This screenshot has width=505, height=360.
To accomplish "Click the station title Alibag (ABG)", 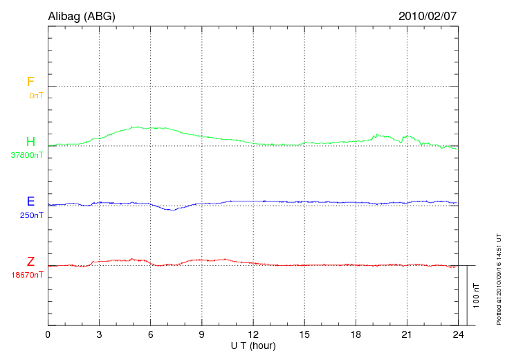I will (x=82, y=16).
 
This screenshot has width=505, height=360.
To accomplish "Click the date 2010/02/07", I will (x=428, y=16).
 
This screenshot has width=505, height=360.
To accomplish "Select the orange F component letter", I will (x=30, y=82).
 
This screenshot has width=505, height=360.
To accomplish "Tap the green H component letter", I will (x=30, y=142).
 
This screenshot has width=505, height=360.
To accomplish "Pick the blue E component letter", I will (x=30, y=201).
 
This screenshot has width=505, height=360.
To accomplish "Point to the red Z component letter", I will (x=30, y=262).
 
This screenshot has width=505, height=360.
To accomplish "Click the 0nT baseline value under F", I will (x=36, y=96).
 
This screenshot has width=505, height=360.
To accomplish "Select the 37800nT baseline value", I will (x=27, y=156).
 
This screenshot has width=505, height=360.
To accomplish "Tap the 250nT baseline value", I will (x=32, y=215).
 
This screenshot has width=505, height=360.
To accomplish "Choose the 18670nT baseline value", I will (x=27, y=276).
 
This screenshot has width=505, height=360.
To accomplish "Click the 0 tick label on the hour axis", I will (x=48, y=335).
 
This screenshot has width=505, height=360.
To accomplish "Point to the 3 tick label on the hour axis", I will (x=99, y=335).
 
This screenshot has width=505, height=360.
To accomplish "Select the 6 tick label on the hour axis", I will (x=150, y=335).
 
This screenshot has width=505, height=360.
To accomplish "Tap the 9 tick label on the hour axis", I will (x=201, y=335).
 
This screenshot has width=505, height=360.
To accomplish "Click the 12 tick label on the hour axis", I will (x=253, y=335).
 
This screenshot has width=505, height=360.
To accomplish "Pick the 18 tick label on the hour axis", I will (x=356, y=335).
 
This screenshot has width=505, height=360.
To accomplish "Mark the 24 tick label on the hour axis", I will (x=458, y=335).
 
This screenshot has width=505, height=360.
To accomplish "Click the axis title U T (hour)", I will (x=253, y=345).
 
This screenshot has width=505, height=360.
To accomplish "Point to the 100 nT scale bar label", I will (x=475, y=296).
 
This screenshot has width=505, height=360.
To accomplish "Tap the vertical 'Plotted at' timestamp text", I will (x=498, y=278).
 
